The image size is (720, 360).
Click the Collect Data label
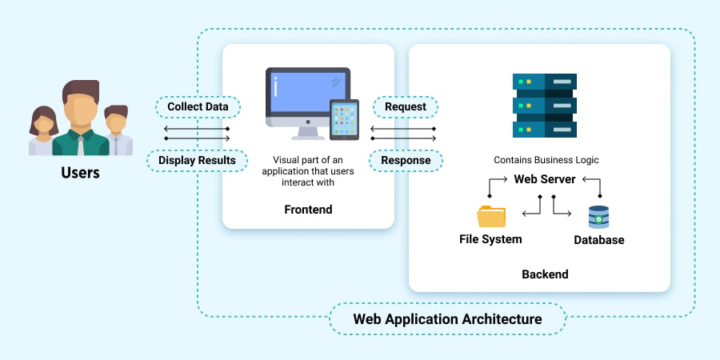[x=198, y=106]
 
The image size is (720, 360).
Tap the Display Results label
[x=197, y=160]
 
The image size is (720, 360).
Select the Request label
[x=405, y=106]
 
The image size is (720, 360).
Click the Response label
[x=405, y=160]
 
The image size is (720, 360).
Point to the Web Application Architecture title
[x=447, y=319]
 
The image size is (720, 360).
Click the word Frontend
[x=308, y=210]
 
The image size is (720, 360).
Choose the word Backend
[x=545, y=274]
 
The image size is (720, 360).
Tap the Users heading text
[x=80, y=172]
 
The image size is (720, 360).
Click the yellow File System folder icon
[x=491, y=217]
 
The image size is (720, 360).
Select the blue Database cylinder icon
[x=598, y=218]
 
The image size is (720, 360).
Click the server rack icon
[x=545, y=104]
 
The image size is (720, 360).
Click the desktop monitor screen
[x=307, y=93]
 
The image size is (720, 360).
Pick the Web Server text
[x=545, y=179]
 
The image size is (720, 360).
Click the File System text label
[x=490, y=239]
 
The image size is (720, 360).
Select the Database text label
[x=598, y=240]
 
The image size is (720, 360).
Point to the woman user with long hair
[x=43, y=128]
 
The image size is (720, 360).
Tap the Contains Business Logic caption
[x=546, y=160]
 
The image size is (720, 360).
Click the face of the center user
[x=80, y=110]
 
